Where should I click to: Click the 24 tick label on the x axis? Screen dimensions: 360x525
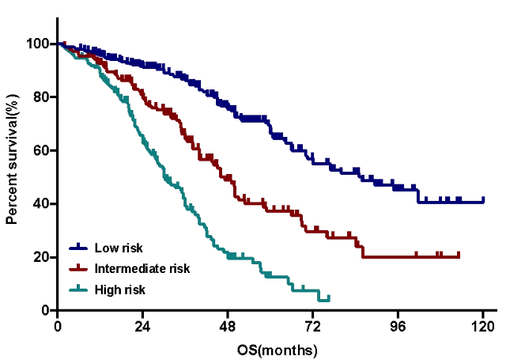coord(142,327)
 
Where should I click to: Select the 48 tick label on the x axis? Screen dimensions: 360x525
coord(228,327)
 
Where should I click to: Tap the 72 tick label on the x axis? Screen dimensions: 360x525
coord(313,327)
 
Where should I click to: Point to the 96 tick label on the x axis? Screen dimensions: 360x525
coord(398,327)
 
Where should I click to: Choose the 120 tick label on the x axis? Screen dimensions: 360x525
coord(483,327)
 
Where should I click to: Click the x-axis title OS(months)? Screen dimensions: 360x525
coord(270,349)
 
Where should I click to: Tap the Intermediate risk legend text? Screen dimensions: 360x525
coord(142,268)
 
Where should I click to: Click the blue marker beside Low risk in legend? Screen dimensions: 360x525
coord(77,248)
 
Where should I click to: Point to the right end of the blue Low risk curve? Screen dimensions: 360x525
coord(483,201)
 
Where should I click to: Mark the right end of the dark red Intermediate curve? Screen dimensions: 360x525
coord(459,256)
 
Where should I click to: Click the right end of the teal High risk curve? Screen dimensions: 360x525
coord(328,298)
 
